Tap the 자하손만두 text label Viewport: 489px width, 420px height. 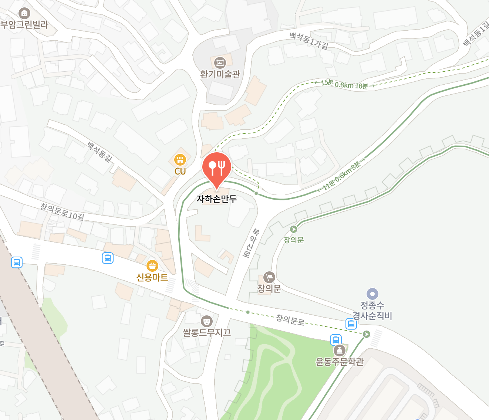pos(217,199)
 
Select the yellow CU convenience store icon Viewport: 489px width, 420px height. pos(180,160)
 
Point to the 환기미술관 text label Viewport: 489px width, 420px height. pos(220,74)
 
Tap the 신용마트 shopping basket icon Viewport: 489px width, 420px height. pos(152,266)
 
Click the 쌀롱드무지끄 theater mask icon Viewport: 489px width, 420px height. pos(207,321)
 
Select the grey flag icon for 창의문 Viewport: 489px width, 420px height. pos(269,277)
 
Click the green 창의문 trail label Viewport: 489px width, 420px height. pos(294,240)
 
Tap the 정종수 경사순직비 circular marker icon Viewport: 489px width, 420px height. pos(372,294)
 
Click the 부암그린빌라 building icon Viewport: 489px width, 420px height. pos(24,14)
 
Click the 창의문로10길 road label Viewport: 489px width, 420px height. pos(62,212)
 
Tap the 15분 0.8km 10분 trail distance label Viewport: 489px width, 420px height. pos(345,85)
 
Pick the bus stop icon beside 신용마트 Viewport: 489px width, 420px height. pos(108,258)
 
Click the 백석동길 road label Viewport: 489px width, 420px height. pos(100,152)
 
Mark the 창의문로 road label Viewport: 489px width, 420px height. pos(290,320)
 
